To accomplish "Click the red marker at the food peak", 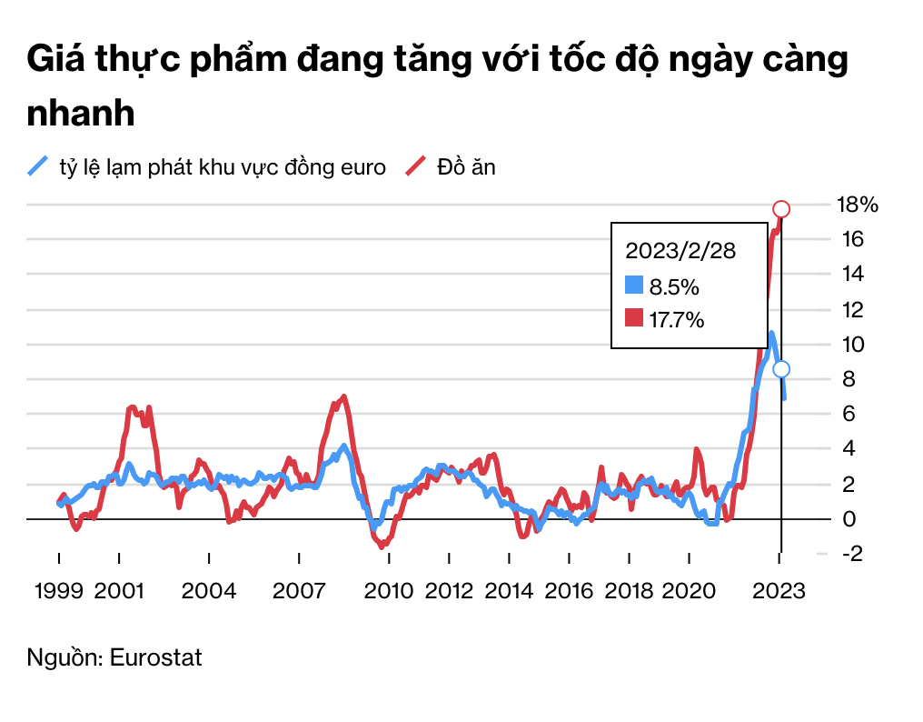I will click(x=780, y=209).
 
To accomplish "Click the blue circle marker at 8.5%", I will click(x=780, y=369).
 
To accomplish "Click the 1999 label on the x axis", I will click(x=59, y=591).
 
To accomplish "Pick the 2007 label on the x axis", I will click(x=300, y=591).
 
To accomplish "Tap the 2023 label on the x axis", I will click(x=779, y=591).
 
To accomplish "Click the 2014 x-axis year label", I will click(x=510, y=591).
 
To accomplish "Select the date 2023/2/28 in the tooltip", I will click(x=680, y=252).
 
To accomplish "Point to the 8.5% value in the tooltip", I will click(x=673, y=287).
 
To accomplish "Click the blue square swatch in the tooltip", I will click(x=634, y=286).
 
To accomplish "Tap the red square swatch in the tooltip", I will click(x=634, y=318).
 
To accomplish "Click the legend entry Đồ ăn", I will click(x=466, y=166).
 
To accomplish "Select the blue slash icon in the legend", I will click(x=38, y=165).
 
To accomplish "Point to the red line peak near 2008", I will click(x=343, y=396).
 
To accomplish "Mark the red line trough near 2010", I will click(x=382, y=546).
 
